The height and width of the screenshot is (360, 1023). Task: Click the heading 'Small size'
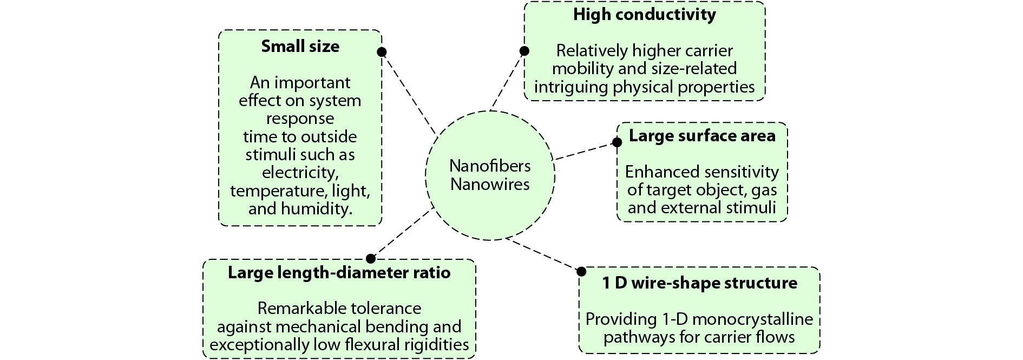coord(300,46)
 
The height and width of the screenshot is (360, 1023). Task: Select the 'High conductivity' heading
coord(645,15)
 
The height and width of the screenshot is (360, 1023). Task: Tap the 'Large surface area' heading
coord(702,135)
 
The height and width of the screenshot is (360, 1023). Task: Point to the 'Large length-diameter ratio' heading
coord(339,272)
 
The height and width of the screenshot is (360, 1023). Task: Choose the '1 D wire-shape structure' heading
coord(699,283)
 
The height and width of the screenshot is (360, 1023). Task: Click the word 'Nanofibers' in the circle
coord(490,166)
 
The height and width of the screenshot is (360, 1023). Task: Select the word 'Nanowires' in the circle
coord(490,184)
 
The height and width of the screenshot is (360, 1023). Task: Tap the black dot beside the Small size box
coord(382,52)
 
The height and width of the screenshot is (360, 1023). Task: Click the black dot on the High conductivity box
coord(524,51)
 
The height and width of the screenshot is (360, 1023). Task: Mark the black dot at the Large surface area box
coord(617,142)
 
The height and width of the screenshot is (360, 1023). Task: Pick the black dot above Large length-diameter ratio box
coord(371,259)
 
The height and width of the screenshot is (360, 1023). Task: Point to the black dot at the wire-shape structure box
coord(581,271)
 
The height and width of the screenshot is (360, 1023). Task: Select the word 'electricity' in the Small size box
coord(300,173)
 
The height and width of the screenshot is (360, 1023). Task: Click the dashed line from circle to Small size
coord(409,93)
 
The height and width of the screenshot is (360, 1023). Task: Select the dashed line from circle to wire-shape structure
coord(543,254)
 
